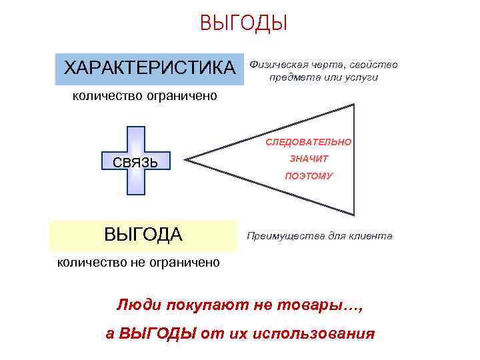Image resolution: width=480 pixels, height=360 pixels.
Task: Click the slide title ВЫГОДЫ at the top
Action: click(243, 23)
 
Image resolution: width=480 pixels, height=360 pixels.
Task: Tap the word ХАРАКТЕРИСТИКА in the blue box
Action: click(149, 68)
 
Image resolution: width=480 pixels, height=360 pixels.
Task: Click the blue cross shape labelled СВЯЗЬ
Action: click(136, 160)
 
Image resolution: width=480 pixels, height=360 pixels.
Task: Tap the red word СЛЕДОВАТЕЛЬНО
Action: click(309, 143)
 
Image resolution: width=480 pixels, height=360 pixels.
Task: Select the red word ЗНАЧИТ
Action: click(309, 159)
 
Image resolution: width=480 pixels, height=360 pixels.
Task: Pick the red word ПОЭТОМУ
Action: click(309, 177)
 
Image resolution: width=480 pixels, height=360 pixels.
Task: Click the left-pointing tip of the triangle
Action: click(186, 159)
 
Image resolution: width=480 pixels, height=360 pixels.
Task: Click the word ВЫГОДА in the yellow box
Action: click(143, 235)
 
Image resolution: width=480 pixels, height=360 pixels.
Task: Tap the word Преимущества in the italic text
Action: click(281, 237)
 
